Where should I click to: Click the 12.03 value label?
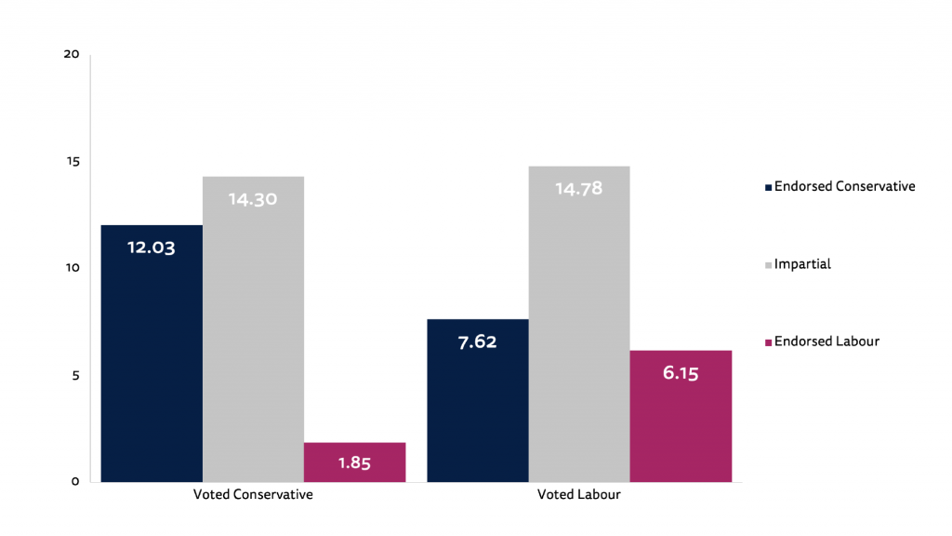(x=152, y=248)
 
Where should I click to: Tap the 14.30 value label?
(x=253, y=198)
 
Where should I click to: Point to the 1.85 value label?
(x=354, y=463)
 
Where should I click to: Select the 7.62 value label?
(x=477, y=342)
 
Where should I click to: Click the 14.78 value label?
(x=578, y=188)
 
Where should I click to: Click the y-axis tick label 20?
(x=72, y=54)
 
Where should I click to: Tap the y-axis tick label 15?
(x=72, y=161)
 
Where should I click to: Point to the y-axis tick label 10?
(x=72, y=268)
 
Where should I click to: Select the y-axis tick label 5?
(x=75, y=375)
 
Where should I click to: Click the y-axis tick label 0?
(x=75, y=482)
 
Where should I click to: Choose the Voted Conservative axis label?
(x=253, y=495)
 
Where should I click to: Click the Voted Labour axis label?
(x=578, y=495)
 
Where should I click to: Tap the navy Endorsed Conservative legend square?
(x=768, y=187)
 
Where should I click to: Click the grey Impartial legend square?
(x=768, y=265)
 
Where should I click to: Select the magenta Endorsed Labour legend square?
(x=768, y=342)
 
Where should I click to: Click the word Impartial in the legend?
(x=802, y=264)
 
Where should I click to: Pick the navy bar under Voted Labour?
(x=477, y=409)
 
